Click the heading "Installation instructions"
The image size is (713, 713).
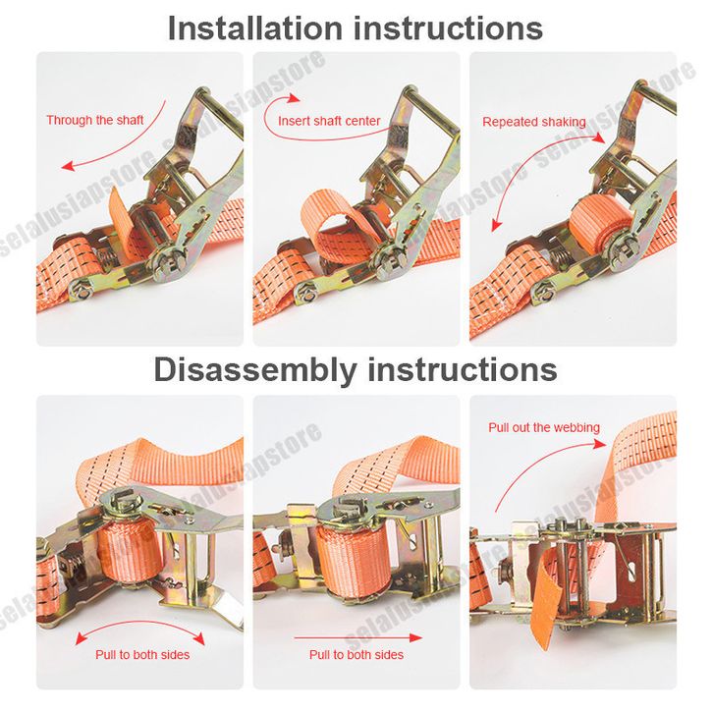(356, 28)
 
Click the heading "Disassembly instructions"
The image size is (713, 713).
(356, 369)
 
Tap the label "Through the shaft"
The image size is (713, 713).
(94, 120)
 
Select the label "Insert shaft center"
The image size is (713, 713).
(329, 121)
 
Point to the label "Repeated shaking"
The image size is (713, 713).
(534, 122)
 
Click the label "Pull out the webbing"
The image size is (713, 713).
(544, 427)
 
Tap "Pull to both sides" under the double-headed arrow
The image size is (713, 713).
(142, 655)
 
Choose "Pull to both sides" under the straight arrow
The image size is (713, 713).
(356, 655)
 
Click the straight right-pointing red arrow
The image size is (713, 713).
(358, 637)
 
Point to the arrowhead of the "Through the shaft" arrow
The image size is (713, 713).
(68, 166)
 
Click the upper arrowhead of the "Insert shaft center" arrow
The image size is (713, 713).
(294, 98)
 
